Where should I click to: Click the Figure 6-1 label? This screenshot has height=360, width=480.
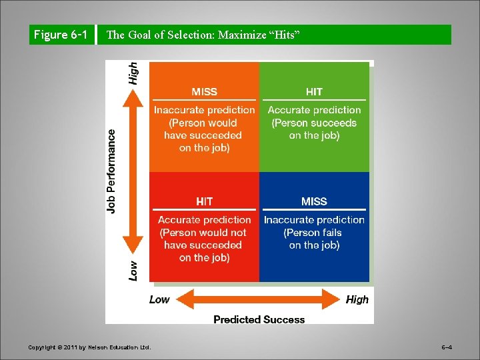point(61,35)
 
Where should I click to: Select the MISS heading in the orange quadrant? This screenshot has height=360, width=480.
point(204,92)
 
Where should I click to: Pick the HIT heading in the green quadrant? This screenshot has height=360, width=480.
point(314,92)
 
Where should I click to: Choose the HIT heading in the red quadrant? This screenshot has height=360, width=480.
point(204,201)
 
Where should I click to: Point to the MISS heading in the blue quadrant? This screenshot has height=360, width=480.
point(314,201)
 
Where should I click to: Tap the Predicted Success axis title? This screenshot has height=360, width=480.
point(259,320)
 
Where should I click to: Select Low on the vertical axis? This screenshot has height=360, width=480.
point(133,269)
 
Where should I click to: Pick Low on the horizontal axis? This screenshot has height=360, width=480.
point(159,300)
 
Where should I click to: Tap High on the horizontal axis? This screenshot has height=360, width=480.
point(357,300)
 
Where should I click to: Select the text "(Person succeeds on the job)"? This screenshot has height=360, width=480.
point(314,129)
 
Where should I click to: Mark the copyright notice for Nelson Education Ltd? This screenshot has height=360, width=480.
point(89,347)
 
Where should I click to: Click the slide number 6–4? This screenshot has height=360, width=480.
point(447,347)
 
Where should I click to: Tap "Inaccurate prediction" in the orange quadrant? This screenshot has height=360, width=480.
point(204,110)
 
